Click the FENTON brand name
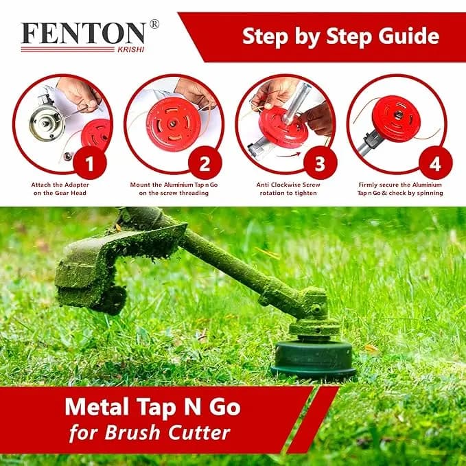click(x=83, y=34)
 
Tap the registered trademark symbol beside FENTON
click(x=154, y=24)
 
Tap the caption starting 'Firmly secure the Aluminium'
click(x=400, y=189)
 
